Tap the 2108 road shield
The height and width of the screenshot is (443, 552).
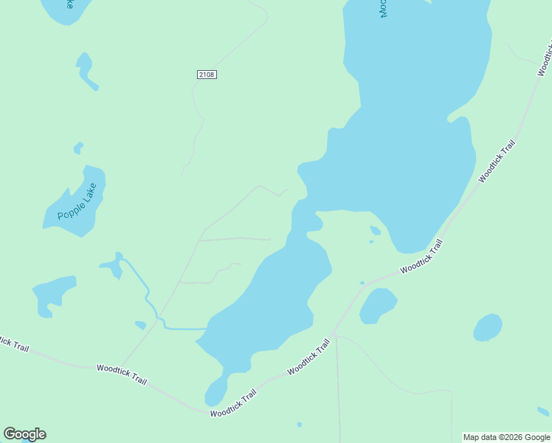(207, 75)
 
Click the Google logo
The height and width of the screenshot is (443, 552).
(24, 434)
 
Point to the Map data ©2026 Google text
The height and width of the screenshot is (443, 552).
(506, 437)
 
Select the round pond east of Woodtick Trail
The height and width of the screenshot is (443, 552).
(488, 327)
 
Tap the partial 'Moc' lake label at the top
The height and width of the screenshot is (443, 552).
(383, 9)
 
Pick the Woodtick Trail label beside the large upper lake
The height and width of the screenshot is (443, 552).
(496, 160)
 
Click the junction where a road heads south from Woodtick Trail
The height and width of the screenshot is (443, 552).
(334, 335)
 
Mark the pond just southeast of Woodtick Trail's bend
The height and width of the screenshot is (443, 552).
(378, 305)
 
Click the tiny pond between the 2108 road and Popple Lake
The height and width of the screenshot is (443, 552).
(78, 148)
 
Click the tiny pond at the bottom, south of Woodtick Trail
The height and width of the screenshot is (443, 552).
(299, 424)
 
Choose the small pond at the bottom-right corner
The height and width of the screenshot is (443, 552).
(543, 411)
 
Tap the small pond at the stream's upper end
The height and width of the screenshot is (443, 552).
(112, 267)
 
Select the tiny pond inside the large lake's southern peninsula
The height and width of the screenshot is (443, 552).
(375, 230)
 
